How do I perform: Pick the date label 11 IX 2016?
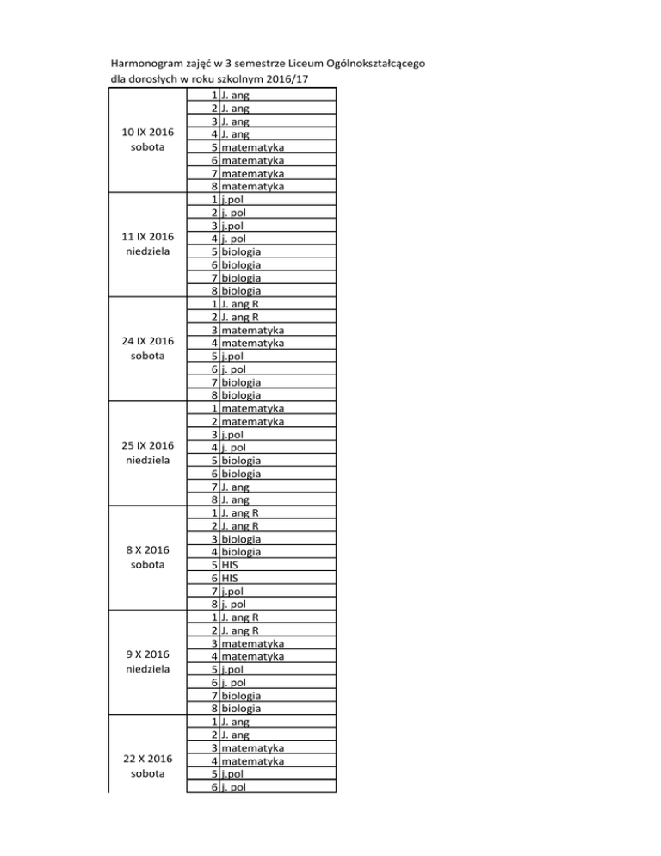click(148, 237)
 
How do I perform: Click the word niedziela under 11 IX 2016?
click(148, 252)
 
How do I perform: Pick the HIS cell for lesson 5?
click(230, 566)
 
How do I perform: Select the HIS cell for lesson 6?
click(230, 579)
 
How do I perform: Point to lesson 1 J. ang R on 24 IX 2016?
click(242, 304)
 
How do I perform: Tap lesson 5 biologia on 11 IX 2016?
click(241, 251)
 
